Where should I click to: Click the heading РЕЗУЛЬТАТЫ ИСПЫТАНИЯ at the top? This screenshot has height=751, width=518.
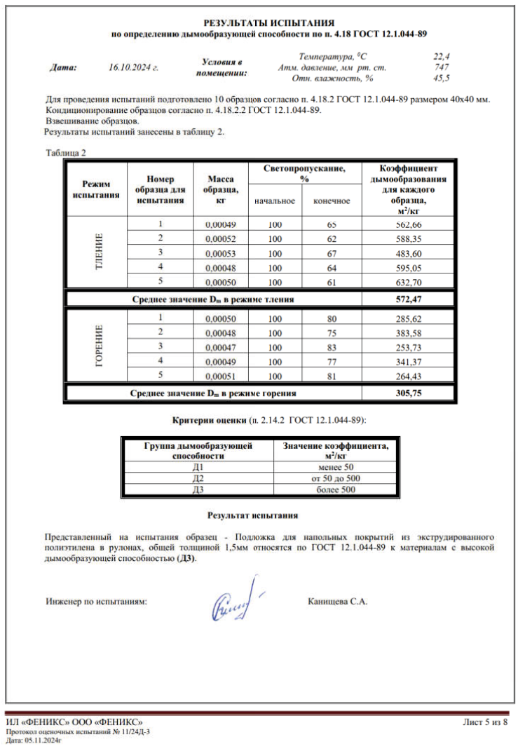(x=269, y=22)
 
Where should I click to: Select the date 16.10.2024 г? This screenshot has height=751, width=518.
(x=134, y=68)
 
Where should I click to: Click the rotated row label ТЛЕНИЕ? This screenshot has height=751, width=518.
(x=98, y=252)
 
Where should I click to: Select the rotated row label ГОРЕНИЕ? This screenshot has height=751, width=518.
(x=98, y=346)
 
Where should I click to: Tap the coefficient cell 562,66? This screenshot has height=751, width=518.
(x=408, y=224)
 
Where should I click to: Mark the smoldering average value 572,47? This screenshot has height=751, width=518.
(x=408, y=299)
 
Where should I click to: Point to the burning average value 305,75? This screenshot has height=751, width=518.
(x=408, y=393)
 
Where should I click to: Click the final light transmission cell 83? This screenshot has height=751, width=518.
(x=332, y=346)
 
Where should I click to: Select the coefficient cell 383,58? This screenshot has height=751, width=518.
(x=408, y=332)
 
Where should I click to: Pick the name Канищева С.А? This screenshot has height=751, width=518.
(x=337, y=602)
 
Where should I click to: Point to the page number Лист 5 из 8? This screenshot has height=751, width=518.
(x=485, y=722)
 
